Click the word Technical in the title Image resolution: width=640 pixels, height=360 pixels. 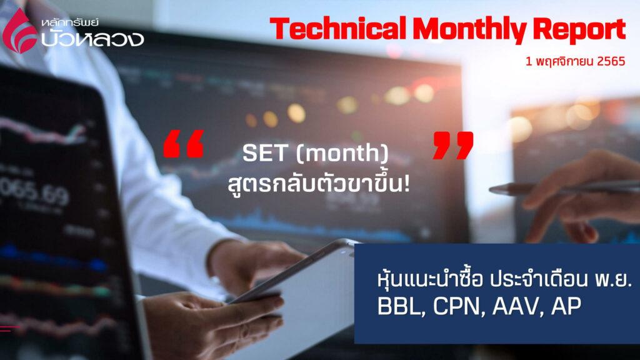337,29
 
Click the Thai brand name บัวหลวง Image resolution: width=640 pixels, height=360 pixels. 92,38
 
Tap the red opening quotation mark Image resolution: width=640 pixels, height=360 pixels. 183,144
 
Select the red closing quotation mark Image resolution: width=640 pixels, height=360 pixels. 453,145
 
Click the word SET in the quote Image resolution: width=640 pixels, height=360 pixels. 264,153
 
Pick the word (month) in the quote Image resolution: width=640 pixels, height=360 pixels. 342,154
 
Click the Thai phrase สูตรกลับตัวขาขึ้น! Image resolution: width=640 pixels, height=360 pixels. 319,184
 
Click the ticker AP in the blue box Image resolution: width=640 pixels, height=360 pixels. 566,306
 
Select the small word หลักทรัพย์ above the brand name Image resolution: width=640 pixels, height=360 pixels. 70,22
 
